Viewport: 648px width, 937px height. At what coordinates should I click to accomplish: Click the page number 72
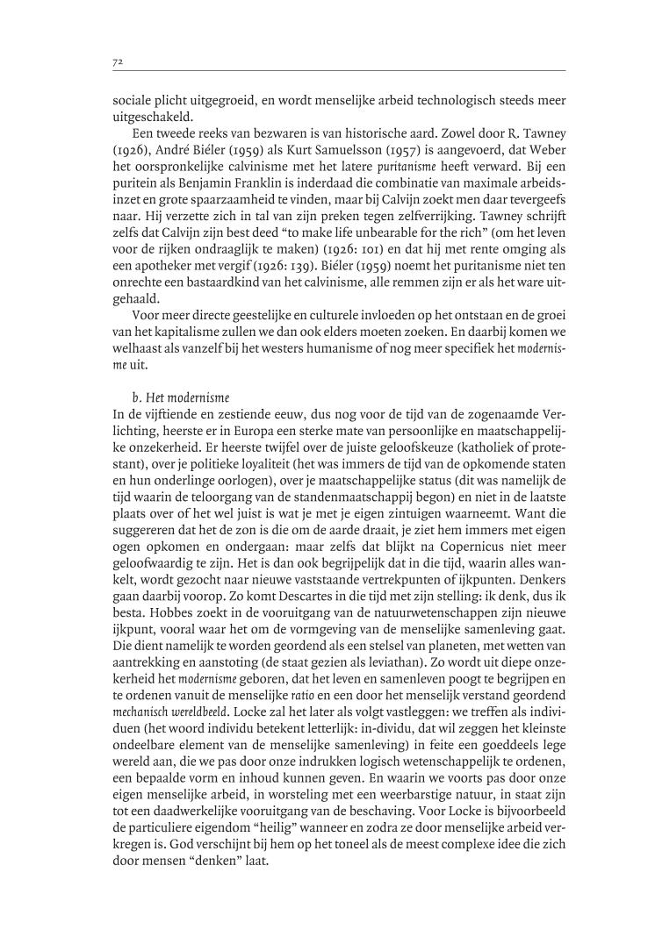tap(116, 61)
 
